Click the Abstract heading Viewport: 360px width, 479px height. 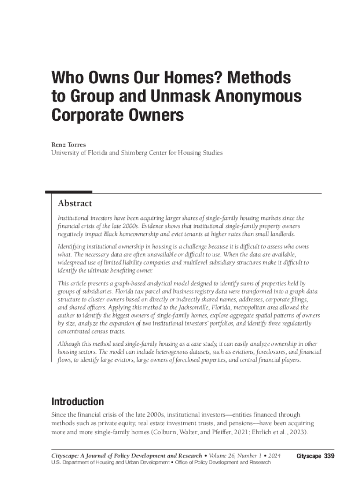coord(75,203)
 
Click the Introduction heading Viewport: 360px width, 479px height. coord(77,402)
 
